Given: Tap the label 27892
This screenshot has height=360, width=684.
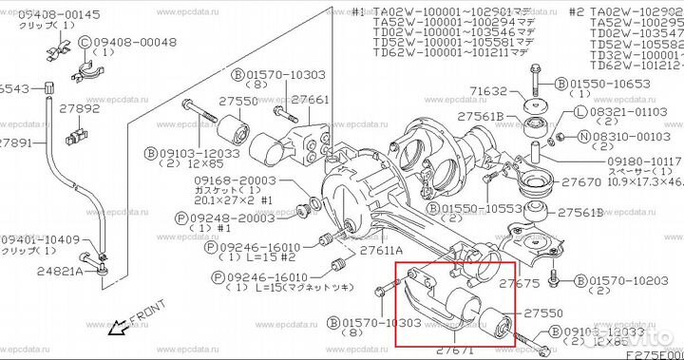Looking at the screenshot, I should point(80,108).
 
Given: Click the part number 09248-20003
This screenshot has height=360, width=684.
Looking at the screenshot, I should point(234,218).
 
